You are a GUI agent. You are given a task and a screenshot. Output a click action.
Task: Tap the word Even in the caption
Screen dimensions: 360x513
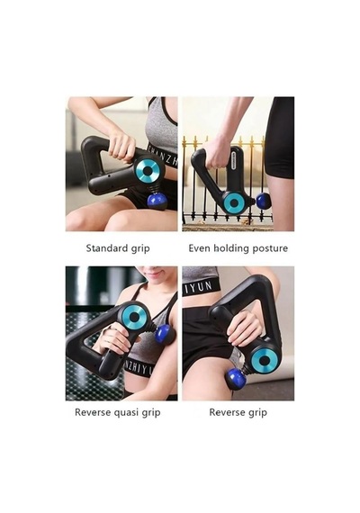199,248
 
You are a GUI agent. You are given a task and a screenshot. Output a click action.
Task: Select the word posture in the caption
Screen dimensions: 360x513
270,248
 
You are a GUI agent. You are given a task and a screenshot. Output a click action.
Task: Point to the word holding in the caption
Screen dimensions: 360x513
231,248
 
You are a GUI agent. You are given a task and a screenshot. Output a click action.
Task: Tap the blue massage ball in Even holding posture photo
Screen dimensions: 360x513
264,201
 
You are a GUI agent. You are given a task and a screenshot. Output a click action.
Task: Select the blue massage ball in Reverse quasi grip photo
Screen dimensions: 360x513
165,335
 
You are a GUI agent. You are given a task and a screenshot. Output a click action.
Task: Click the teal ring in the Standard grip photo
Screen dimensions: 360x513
148,171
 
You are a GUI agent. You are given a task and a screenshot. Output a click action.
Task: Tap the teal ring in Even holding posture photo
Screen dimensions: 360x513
234,203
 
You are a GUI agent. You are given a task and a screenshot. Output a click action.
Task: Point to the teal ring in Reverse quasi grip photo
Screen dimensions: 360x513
134,317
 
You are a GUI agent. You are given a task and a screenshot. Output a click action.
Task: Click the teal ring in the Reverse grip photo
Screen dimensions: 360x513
265,361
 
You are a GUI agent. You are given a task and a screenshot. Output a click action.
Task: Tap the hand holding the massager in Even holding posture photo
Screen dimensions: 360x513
217,153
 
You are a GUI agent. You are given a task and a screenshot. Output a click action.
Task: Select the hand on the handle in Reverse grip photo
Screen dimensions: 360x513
244,329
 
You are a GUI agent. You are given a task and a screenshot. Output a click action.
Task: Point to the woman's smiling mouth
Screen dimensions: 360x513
152,273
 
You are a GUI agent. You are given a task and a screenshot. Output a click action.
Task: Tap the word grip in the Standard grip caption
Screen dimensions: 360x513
140,248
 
